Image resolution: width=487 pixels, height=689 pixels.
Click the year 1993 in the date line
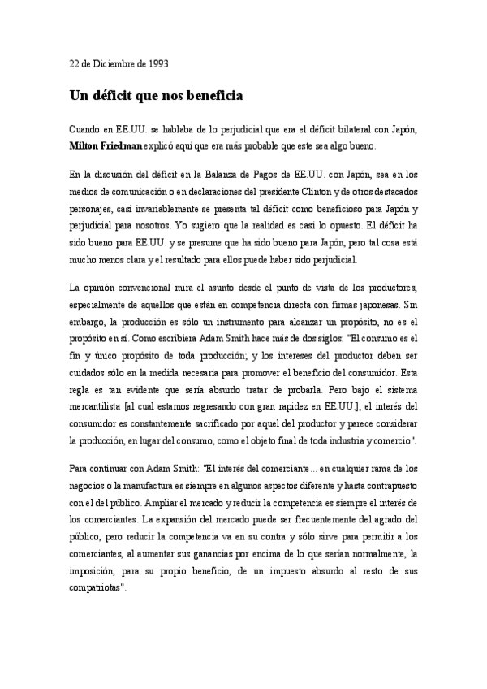click(x=155, y=63)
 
